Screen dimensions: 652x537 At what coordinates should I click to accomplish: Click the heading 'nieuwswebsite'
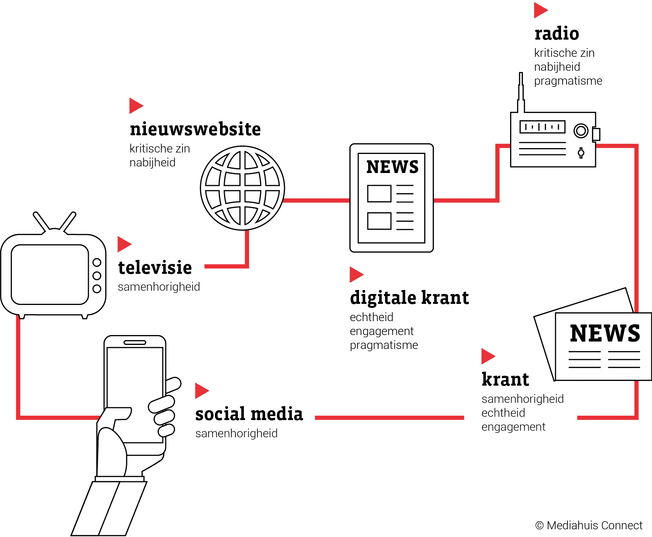[x=195, y=129]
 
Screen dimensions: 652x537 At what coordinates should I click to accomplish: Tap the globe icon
[x=242, y=188]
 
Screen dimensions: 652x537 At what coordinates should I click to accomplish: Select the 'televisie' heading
[x=155, y=268]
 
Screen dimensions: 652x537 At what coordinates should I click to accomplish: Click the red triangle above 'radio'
[x=541, y=10]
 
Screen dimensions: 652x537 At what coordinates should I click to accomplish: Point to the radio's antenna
[x=521, y=92]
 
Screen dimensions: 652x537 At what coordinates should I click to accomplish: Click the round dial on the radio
[x=581, y=130]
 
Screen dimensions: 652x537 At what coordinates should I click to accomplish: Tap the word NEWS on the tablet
[x=392, y=167]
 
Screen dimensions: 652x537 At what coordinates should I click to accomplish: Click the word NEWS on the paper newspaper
[x=605, y=333]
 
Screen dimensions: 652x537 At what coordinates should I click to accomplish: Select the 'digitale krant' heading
[x=409, y=298]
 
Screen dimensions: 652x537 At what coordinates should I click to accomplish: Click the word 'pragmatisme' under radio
[x=568, y=81]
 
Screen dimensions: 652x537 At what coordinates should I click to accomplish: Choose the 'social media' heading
[x=249, y=414]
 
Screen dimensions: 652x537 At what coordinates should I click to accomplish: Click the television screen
[x=50, y=275]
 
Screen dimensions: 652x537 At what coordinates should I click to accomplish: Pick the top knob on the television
[x=97, y=262]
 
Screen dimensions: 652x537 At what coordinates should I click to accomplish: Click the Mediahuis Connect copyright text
[x=589, y=526]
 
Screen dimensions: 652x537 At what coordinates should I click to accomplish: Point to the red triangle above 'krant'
[x=488, y=356]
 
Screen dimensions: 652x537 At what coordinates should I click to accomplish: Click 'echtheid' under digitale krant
[x=371, y=317]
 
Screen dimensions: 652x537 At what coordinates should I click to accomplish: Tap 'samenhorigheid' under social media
[x=237, y=433]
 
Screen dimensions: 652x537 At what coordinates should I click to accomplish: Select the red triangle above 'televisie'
[x=124, y=244]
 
